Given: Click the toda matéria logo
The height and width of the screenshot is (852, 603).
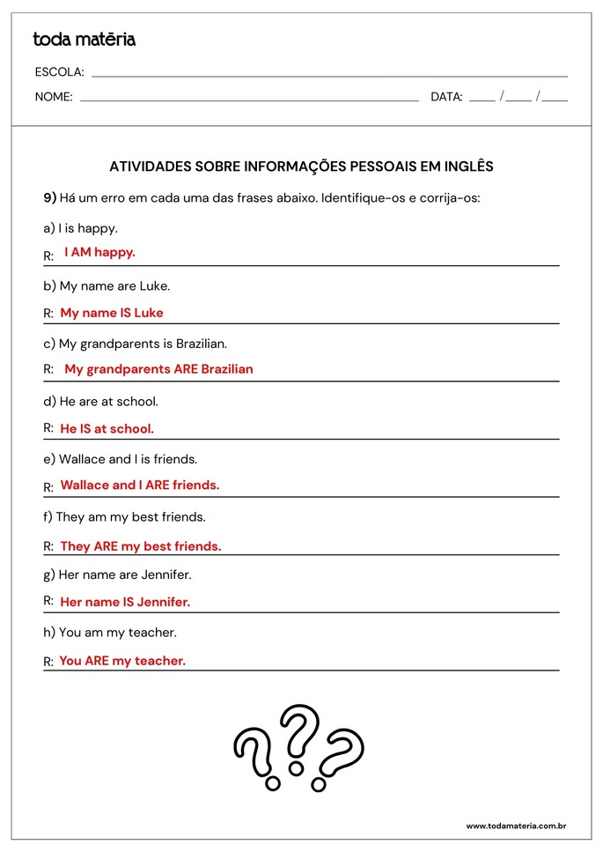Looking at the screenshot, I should (85, 40).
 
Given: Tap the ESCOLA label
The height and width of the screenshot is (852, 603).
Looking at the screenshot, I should (59, 72).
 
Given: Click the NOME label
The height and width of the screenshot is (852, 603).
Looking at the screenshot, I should (54, 97).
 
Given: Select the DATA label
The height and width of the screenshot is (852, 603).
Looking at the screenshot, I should (446, 97).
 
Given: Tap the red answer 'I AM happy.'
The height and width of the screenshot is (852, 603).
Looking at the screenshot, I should (99, 252).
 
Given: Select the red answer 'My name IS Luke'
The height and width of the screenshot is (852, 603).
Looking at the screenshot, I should (112, 313).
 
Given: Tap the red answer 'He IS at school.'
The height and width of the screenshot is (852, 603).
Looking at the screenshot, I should (107, 429).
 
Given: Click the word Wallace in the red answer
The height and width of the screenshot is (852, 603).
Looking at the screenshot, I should (85, 485).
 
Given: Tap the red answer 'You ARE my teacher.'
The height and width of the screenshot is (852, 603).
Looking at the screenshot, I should (122, 661).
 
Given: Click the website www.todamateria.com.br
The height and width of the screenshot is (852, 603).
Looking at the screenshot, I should (515, 826).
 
